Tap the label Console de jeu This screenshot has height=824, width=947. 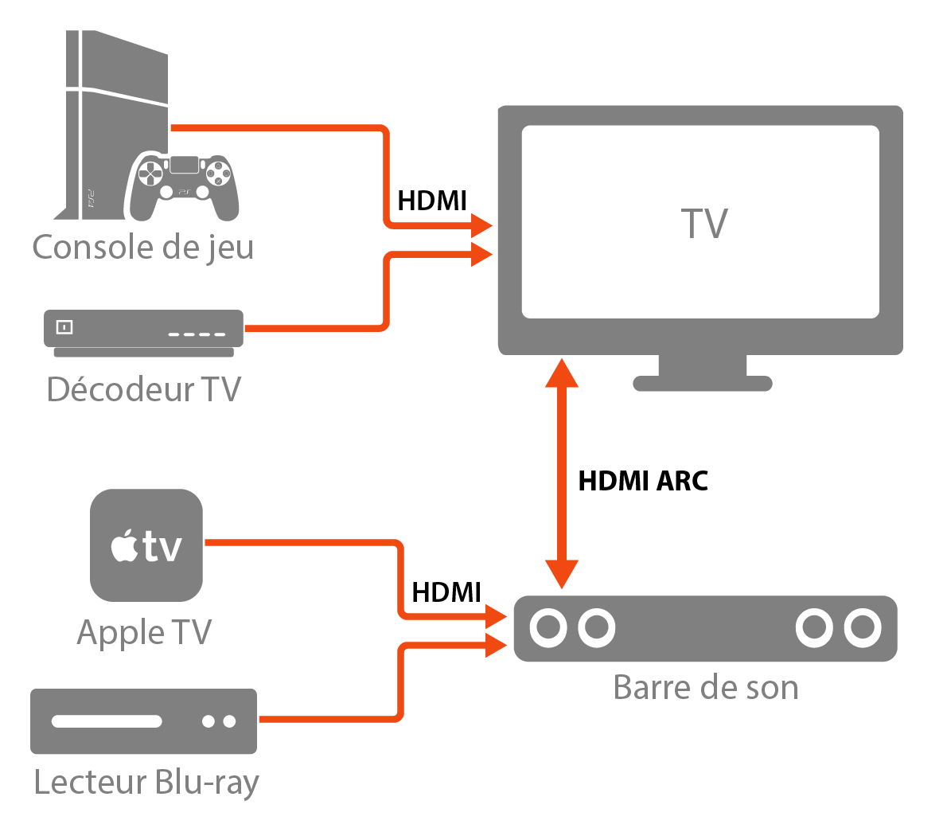click(143, 247)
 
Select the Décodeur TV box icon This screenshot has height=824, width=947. click(143, 331)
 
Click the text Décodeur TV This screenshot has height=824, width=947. click(143, 389)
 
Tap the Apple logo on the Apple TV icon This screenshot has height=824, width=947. click(125, 547)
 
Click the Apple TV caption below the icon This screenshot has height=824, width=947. click(144, 633)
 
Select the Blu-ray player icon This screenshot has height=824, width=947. click(143, 721)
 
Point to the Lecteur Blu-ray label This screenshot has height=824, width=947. click(146, 782)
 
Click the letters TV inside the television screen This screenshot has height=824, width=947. click(704, 224)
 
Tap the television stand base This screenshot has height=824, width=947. click(702, 383)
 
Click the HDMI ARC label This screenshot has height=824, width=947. click(643, 481)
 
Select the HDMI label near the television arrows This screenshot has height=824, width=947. click(431, 201)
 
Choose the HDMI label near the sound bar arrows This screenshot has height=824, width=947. click(446, 592)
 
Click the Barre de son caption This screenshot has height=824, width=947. click(705, 687)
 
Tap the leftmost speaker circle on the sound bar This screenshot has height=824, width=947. click(548, 627)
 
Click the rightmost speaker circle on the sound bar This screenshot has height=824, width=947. click(863, 627)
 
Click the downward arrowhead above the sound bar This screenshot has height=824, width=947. click(562, 573)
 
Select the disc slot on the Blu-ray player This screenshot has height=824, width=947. click(107, 722)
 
